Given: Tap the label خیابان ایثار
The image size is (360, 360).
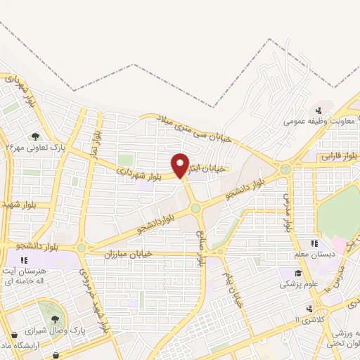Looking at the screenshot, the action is pyautogui.click(x=209, y=168).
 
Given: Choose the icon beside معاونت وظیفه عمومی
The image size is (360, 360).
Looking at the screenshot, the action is pyautogui.click(x=319, y=110).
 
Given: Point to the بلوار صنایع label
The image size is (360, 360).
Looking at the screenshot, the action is pyautogui.click(x=200, y=247).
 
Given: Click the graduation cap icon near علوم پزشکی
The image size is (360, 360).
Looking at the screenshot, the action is pyautogui.click(x=298, y=274).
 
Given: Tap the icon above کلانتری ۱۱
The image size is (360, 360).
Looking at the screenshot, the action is pyautogui.click(x=309, y=309).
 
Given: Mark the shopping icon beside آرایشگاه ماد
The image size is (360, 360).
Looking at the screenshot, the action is pyautogui.click(x=14, y=335).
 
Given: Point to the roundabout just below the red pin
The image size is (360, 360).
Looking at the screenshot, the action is pyautogui.click(x=195, y=207).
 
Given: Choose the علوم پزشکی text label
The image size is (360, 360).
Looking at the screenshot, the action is pyautogui.click(x=293, y=285).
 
